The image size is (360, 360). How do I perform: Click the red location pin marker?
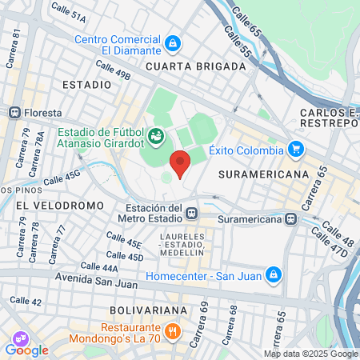click(180, 163)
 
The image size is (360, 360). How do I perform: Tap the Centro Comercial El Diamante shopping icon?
click(173, 42)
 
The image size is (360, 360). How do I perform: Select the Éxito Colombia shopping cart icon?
click(296, 149)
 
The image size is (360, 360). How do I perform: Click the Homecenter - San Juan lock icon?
click(274, 274)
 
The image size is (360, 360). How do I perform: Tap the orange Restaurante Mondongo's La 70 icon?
click(170, 330)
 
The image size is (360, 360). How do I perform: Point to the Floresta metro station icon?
click(14, 113)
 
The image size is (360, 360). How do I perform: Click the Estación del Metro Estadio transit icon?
click(191, 213)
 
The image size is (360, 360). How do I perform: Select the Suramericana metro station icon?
click(292, 218)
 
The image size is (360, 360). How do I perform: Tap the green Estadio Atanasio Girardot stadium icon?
click(157, 137)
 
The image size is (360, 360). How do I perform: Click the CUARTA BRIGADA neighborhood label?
click(196, 67)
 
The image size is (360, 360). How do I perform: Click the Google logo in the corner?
click(26, 350)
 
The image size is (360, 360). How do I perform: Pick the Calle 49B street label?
click(112, 70)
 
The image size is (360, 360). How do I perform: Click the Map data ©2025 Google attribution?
click(311, 354)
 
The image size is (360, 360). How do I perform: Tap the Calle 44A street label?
click(99, 266)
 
